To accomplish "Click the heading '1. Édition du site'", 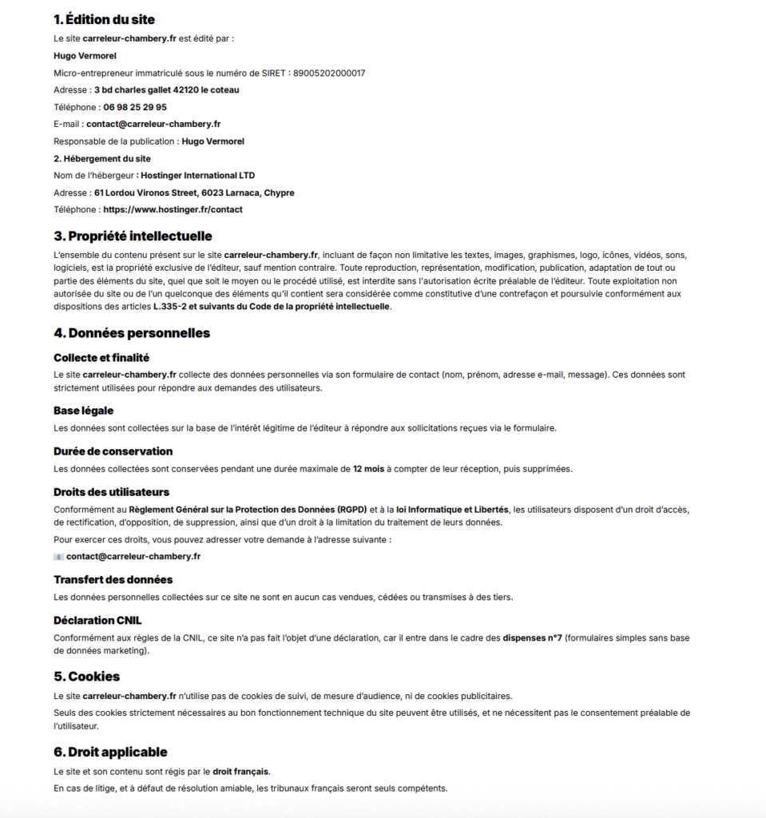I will point(104,19).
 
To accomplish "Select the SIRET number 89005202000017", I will point(329,73).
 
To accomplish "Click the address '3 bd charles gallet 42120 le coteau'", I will point(166,90).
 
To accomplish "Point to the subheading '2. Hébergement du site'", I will point(102,158).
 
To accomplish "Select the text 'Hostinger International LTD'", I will point(197,176).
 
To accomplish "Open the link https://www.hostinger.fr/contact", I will point(173,209).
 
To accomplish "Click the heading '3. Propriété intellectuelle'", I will point(133,236).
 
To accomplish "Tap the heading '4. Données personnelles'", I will point(132,332).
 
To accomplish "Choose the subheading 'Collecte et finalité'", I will point(101,357).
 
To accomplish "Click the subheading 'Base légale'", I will point(84,410).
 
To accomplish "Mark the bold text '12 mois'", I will point(368,469).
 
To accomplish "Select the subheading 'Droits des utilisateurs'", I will point(111,492).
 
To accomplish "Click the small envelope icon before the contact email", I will point(58,556).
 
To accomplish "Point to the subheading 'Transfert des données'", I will point(113,579).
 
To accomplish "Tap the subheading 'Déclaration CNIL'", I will point(97,620).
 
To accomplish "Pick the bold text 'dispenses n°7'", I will point(532,638).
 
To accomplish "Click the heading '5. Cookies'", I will point(86,676).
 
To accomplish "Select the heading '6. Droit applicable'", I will point(110,752).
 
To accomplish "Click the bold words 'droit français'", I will point(240,772).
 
